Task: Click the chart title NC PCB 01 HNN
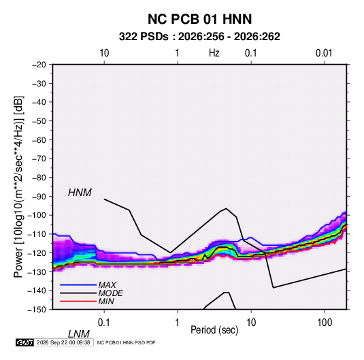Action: point(199,19)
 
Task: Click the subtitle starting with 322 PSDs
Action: point(199,37)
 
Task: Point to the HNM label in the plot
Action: point(80,193)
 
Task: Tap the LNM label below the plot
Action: point(79,334)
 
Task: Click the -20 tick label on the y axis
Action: point(39,65)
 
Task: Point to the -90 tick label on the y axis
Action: point(39,197)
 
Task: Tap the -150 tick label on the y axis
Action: point(37,310)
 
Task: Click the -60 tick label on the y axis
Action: point(39,140)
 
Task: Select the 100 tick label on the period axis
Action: point(325,323)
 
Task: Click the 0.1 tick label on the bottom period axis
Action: point(104,323)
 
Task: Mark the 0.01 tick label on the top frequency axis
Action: point(324,53)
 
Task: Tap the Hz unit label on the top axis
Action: point(214,53)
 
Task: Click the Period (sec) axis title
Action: point(214,330)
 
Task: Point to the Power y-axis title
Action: point(18,187)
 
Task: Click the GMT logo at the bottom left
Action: point(25,342)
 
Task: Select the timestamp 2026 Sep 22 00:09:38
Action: point(63,342)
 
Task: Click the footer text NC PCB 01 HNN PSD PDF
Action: point(126,342)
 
